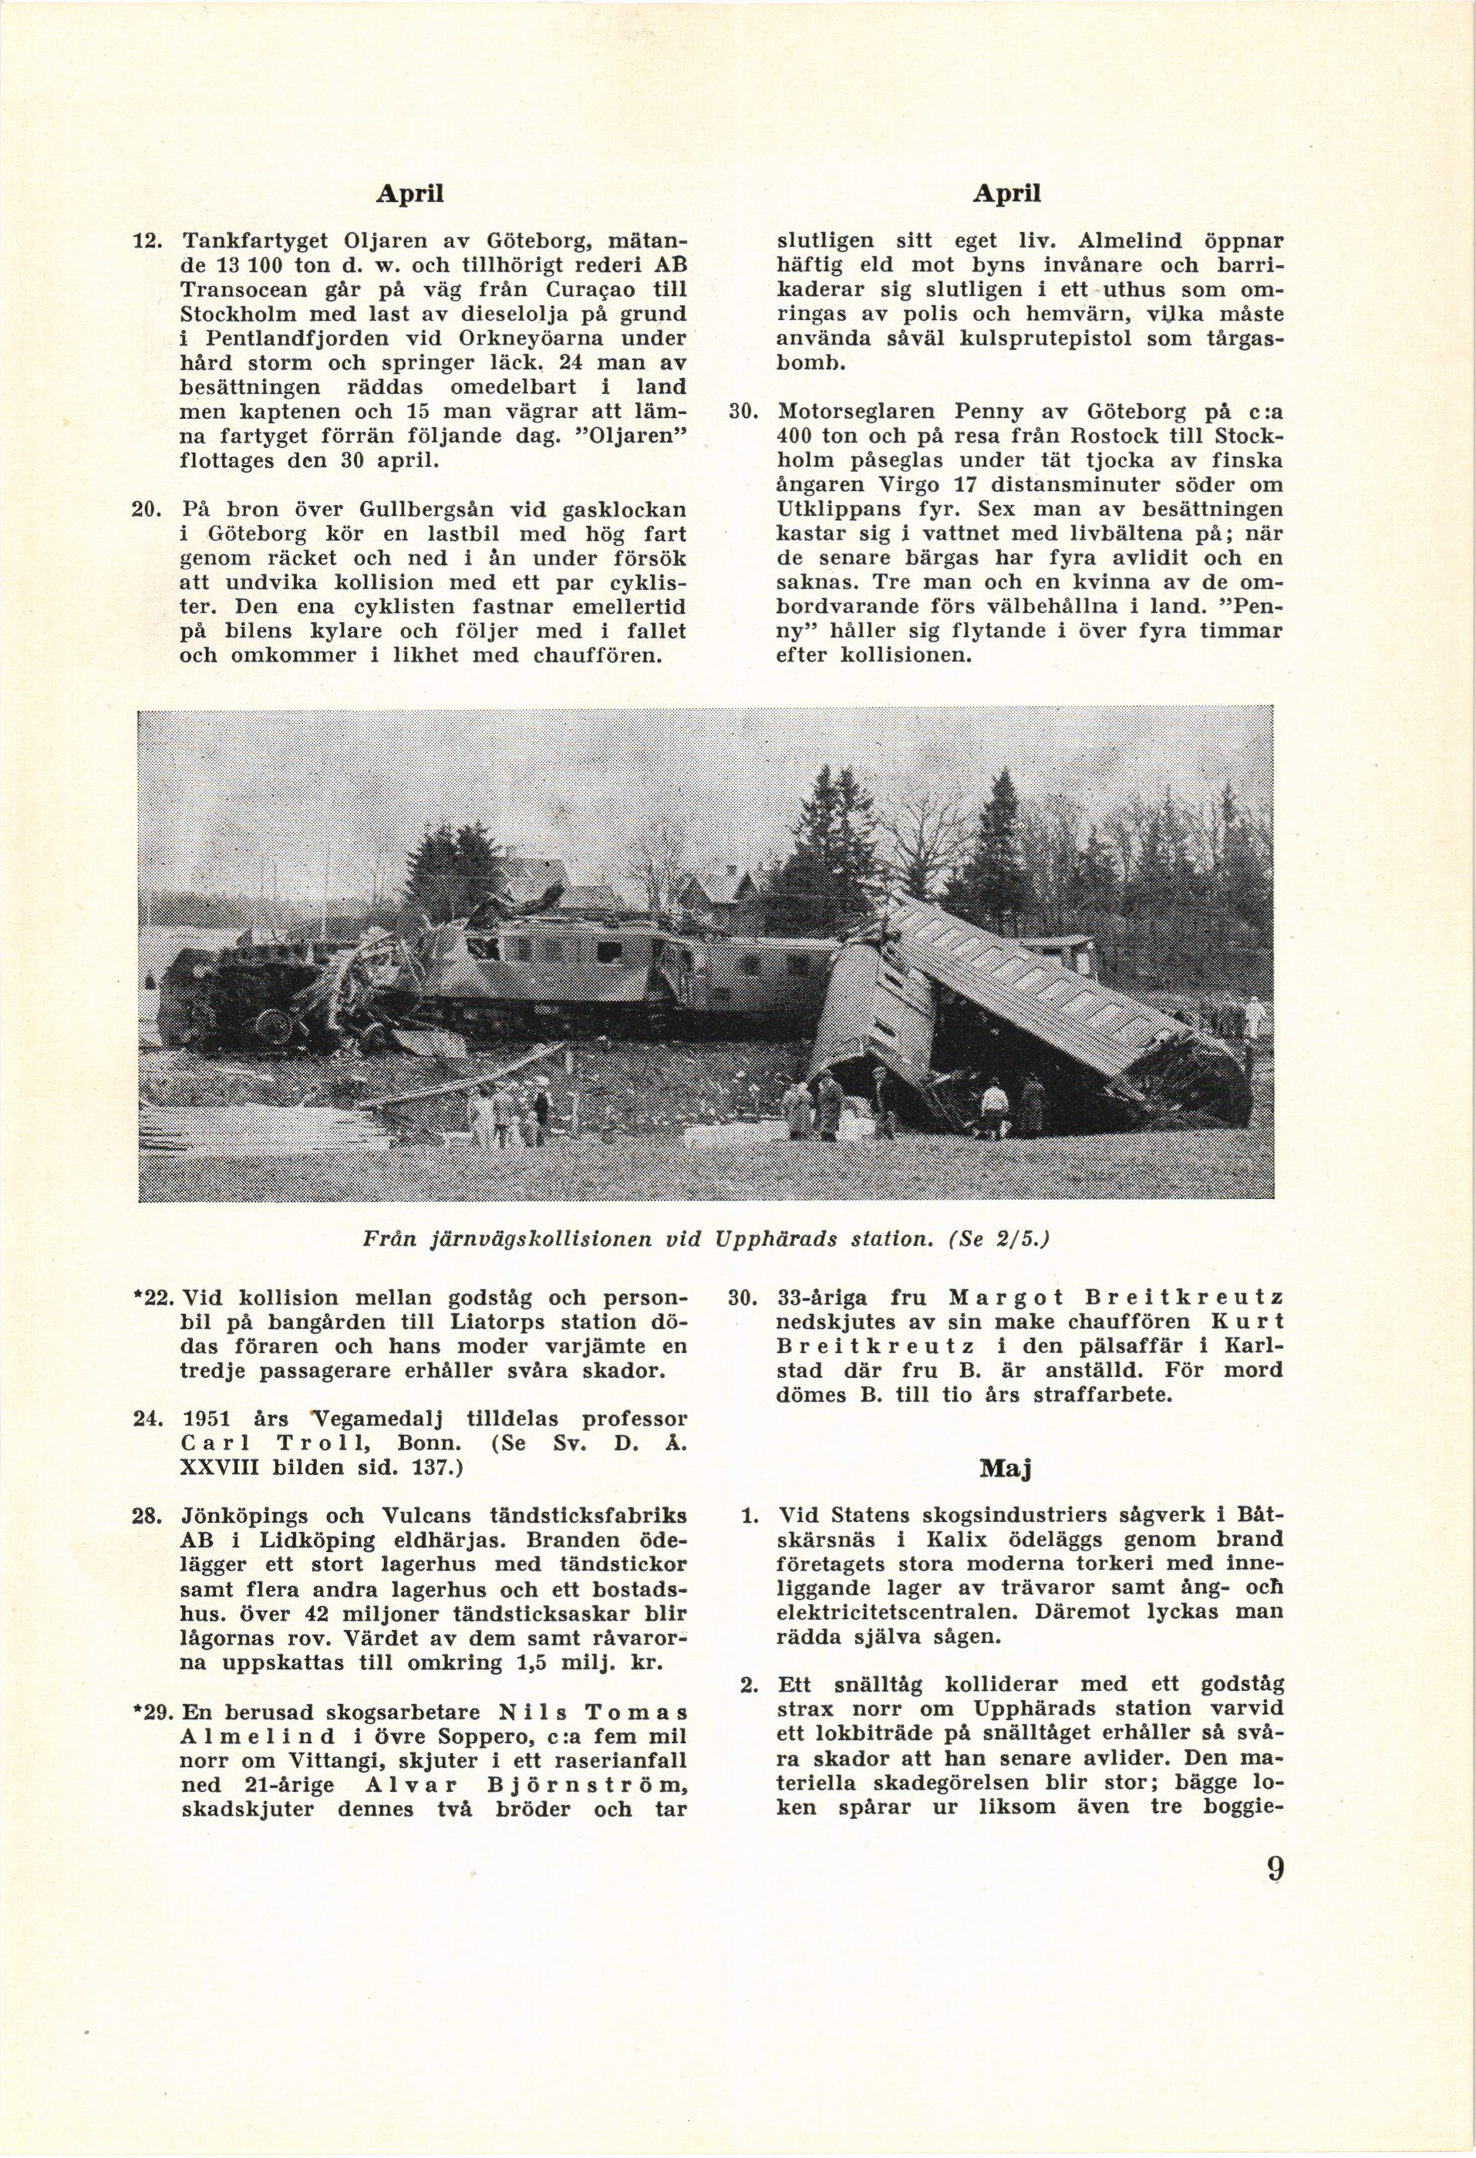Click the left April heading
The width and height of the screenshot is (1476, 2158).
409,194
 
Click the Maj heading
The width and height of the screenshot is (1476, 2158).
1007,1468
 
